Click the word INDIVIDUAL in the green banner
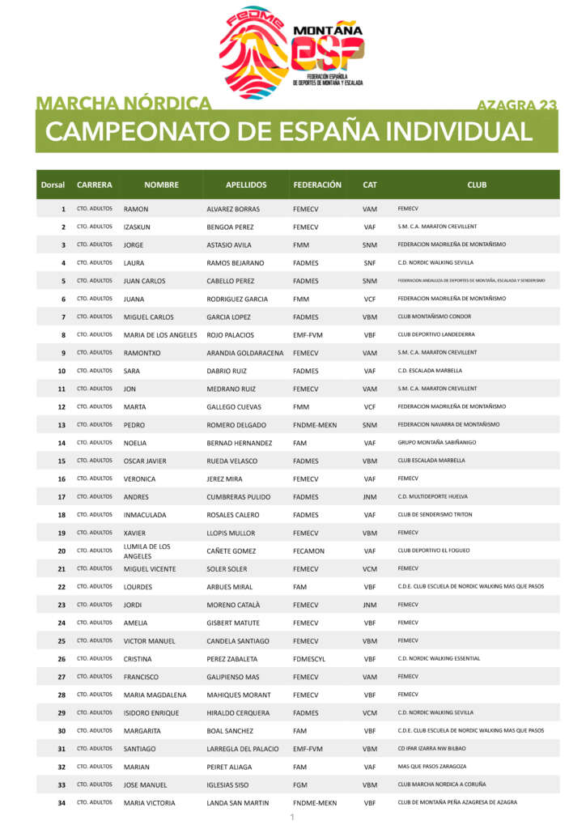458,131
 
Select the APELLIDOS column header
246,185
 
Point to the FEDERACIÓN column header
317,185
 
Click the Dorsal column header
53,185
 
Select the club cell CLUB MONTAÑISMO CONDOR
434,317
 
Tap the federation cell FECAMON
308,551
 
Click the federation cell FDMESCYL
310,659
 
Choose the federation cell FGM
300,785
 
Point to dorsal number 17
62,497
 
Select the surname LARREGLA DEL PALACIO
246,749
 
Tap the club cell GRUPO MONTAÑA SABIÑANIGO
437,443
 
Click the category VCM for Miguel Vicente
370,569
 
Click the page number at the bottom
292,818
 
